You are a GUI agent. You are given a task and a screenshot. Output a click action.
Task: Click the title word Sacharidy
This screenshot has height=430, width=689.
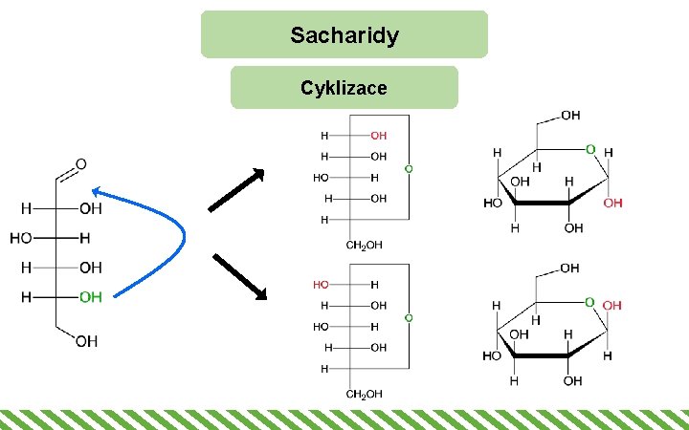pos(344,36)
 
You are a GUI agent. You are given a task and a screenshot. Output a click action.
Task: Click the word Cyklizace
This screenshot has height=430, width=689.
pos(344,88)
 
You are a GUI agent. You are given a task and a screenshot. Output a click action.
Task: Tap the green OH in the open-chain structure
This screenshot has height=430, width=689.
pos(91,297)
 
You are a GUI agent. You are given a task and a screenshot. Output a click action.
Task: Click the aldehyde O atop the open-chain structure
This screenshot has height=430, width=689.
pos(81,163)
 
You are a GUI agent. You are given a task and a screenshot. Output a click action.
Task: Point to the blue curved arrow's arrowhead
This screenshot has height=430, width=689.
pos(97,192)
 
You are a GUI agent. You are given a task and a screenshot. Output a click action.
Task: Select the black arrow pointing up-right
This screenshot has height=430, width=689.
pos(236,189)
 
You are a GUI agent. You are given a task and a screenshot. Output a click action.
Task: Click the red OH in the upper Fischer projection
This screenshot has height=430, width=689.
pos(379,135)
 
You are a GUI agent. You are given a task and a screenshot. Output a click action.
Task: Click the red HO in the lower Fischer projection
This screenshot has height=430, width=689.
pos(321,285)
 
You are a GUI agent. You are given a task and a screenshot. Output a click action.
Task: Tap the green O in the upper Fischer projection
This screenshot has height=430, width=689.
pos(409,169)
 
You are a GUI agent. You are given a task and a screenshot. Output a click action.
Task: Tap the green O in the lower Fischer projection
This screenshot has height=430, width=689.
pos(409,316)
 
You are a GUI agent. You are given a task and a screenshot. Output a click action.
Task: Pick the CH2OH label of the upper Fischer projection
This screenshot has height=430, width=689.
pos(365,245)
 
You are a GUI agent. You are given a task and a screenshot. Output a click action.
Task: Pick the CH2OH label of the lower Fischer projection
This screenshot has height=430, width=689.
pos(365,394)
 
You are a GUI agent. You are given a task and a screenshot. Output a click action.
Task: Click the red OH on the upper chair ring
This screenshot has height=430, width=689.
pos(613,204)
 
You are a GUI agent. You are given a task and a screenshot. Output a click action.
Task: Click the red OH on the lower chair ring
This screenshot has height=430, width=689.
pos(612,305)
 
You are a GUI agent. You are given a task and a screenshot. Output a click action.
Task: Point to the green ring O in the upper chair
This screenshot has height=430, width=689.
pos(590,150)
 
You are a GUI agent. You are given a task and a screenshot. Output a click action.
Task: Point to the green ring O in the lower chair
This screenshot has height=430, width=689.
pos(590,302)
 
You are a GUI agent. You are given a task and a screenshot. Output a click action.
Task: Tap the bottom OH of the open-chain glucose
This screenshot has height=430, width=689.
pos(86,341)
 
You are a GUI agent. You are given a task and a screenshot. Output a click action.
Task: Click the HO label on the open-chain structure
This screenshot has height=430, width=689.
pos(22,237)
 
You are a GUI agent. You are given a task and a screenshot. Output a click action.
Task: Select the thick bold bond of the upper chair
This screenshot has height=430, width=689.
pos(543,203)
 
